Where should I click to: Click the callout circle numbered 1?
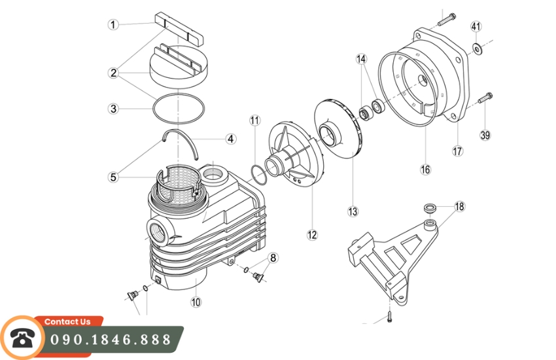coord(114,25)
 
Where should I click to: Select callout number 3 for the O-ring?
coord(114,109)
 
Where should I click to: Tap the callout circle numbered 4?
coord(230,139)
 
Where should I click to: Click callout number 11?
coord(254,120)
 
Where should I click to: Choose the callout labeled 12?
coord(311,234)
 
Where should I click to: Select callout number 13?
coord(353,211)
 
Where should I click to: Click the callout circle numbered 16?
coord(425,170)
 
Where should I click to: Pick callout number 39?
coord(485,135)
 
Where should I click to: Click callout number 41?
coord(476,27)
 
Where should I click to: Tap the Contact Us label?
coord(68,321)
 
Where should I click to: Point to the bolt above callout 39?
coord(485,100)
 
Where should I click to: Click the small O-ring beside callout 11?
coord(258,172)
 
